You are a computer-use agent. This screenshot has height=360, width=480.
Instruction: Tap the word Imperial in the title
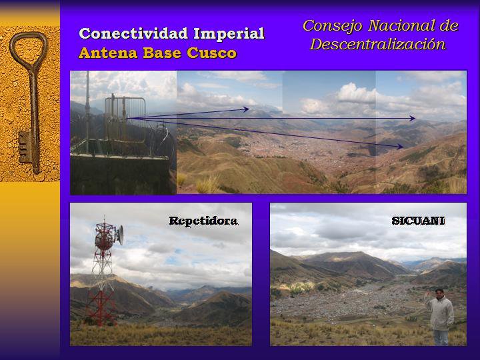pyautogui.click(x=229, y=33)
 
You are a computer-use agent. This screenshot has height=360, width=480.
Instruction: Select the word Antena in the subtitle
pyautogui.click(x=109, y=53)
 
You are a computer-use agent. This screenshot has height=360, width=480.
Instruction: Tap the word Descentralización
pyautogui.click(x=378, y=44)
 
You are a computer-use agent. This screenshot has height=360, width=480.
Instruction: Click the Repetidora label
pyautogui.click(x=203, y=221)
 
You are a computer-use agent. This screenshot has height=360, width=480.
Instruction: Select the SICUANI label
pyautogui.click(x=418, y=221)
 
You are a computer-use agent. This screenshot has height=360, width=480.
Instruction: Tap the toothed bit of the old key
pyautogui.click(x=25, y=147)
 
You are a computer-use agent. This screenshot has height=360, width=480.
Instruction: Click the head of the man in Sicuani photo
pyautogui.click(x=439, y=293)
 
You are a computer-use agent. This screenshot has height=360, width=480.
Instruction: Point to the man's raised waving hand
pyautogui.click(x=427, y=295)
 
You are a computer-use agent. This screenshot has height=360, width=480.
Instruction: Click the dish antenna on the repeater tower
pyautogui.click(x=120, y=235)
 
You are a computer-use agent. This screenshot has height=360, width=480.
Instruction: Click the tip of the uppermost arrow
pyautogui.click(x=249, y=109)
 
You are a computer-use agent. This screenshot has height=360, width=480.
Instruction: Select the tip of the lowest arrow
pyautogui.click(x=403, y=147)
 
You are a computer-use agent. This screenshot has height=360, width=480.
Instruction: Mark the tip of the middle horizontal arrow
pyautogui.click(x=415, y=118)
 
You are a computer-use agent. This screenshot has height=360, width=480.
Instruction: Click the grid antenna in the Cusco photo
pyautogui.click(x=125, y=119)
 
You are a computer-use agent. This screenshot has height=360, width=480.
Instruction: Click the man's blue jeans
pyautogui.click(x=441, y=337)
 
